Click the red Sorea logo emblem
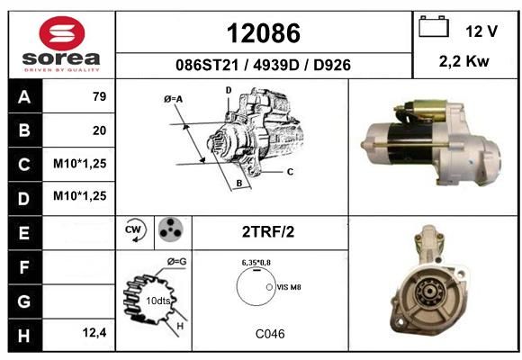[x=62, y=33]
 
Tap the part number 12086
[x=264, y=33]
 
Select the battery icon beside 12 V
[x=434, y=26]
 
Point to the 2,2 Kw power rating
[x=463, y=61]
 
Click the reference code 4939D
[x=276, y=66]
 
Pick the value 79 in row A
[x=99, y=96]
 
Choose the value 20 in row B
[x=99, y=130]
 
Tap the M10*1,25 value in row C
[x=79, y=164]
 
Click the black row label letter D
[x=23, y=199]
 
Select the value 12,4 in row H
[x=94, y=332]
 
